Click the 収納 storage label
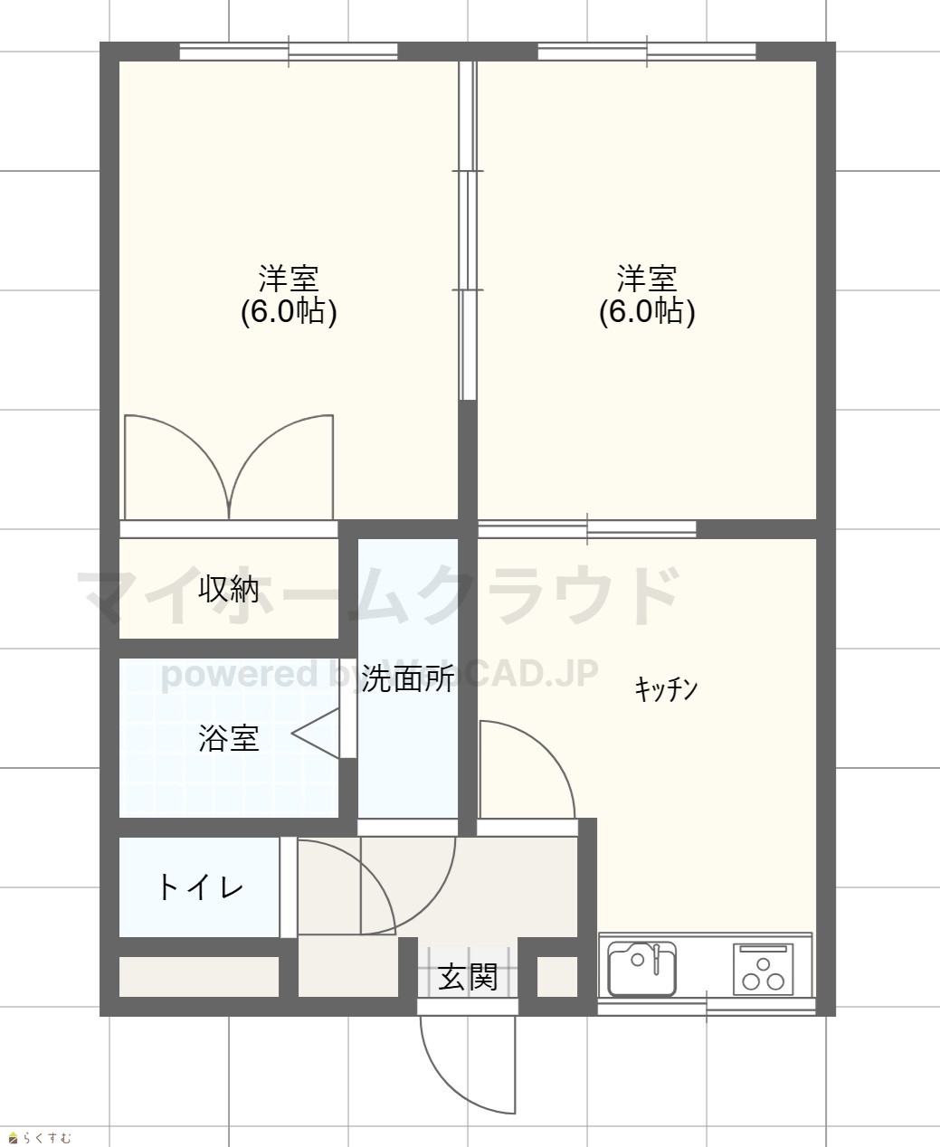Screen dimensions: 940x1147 [229, 589]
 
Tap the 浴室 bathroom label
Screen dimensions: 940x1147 [229, 738]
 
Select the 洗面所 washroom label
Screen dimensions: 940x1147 [408, 678]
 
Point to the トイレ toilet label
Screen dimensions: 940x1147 [200, 888]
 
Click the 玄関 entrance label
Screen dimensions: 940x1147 [468, 976]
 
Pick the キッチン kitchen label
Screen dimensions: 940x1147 [666, 689]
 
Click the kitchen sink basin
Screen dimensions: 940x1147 [642, 968]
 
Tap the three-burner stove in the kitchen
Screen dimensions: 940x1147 [764, 969]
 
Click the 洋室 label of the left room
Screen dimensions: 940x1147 [289, 279]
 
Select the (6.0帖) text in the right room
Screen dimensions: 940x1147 [647, 312]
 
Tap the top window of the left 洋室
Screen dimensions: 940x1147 [289, 52]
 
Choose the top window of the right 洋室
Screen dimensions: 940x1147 [647, 52]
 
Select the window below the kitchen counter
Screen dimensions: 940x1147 [707, 1007]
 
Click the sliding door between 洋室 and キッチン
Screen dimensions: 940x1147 [587, 529]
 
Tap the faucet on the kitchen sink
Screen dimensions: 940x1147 [657, 959]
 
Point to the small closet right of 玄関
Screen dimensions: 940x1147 [557, 977]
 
